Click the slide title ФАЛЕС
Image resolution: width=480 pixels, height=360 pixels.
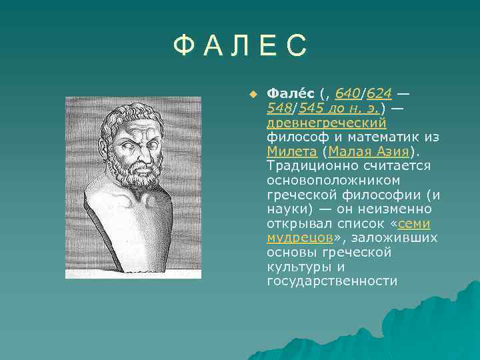pyautogui.click(x=240, y=46)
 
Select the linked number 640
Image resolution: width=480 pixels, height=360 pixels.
pyautogui.click(x=347, y=93)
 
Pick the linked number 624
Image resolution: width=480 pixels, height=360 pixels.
pyautogui.click(x=379, y=93)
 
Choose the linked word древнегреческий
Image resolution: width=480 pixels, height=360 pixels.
pyautogui.click(x=327, y=123)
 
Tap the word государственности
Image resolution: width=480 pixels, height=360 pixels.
pyautogui.click(x=331, y=281)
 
